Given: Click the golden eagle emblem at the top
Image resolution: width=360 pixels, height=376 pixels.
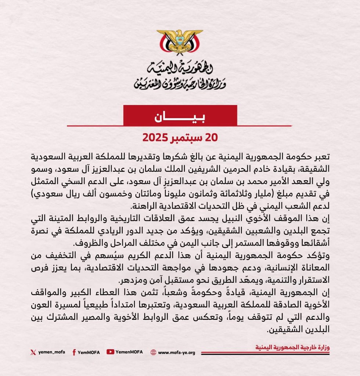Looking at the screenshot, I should (180, 41).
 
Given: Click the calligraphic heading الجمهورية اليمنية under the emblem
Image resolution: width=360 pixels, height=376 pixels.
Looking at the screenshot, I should (180, 68).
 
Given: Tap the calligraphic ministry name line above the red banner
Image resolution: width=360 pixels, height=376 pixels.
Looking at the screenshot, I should (180, 84).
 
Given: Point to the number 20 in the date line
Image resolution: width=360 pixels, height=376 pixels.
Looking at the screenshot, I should (212, 138).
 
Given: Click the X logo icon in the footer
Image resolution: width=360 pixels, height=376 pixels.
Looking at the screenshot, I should (33, 352).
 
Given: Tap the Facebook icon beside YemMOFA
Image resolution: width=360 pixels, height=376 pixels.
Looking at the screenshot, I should (74, 352).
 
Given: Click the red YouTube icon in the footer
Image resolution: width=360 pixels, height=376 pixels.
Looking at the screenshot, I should (110, 352).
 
